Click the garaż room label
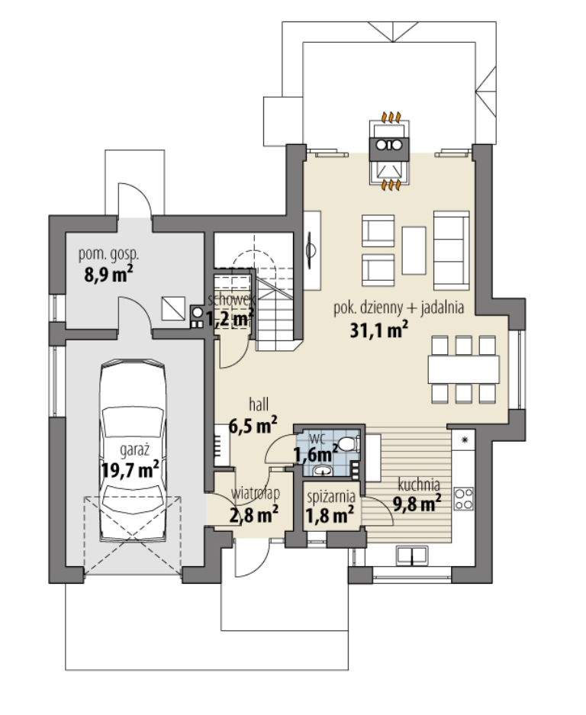click(x=134, y=450)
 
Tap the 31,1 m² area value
click(x=378, y=330)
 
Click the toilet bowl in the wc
click(x=349, y=444)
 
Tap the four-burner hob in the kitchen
click(x=464, y=498)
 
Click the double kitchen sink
click(x=411, y=555)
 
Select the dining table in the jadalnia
click(x=463, y=369)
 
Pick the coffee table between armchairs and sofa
click(x=414, y=250)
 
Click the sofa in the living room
click(x=452, y=250)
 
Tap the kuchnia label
click(x=419, y=485)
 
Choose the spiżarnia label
click(x=331, y=497)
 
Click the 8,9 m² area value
click(x=108, y=275)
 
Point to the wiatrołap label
click(x=255, y=494)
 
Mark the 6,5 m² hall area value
click(x=253, y=426)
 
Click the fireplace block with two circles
click(x=389, y=145)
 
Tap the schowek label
click(x=230, y=300)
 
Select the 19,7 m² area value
click(x=130, y=469)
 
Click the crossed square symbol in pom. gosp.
click(x=173, y=309)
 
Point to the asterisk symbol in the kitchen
click(x=465, y=440)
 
